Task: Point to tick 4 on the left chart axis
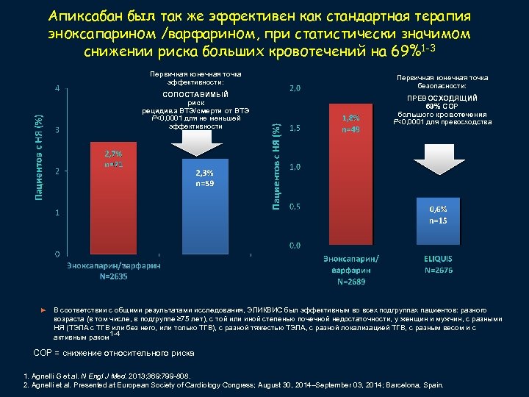point(58,90)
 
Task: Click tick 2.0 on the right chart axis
point(294,90)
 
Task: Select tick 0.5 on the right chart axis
point(294,206)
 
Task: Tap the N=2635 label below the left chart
point(114,276)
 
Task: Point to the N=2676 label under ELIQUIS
point(438,271)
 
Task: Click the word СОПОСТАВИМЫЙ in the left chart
point(195,95)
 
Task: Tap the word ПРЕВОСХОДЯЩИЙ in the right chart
point(442,98)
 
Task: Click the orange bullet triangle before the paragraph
point(42,312)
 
